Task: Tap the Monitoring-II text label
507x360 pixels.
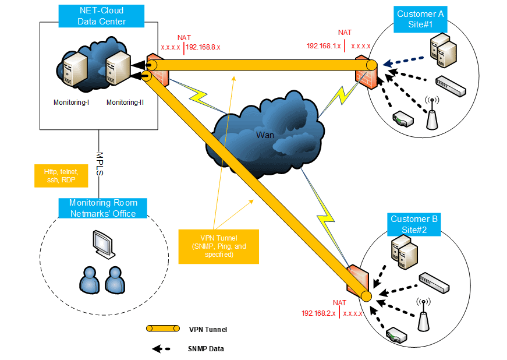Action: [125, 103]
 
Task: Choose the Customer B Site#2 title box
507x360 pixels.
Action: [413, 224]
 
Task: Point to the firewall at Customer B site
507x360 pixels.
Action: [356, 283]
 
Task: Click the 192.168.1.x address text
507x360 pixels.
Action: [324, 45]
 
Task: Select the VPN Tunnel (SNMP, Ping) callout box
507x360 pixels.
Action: [215, 246]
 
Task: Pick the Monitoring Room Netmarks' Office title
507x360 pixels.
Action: [103, 209]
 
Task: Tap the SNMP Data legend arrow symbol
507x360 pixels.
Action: [161, 349]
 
